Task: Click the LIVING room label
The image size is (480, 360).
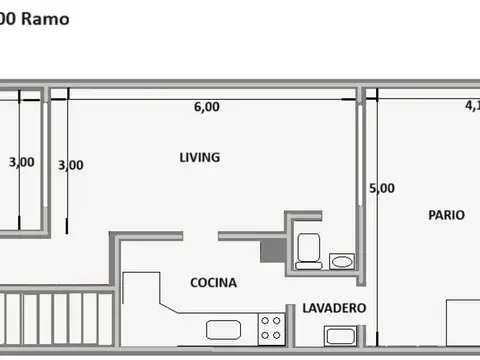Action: point(199,158)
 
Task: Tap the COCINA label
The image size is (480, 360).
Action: point(214,283)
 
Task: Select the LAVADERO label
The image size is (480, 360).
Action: point(334,308)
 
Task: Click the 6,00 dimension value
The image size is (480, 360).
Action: point(207,108)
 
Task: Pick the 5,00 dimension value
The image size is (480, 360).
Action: point(381,188)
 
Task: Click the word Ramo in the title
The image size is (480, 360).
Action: point(48,19)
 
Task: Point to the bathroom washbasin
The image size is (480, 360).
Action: point(341,262)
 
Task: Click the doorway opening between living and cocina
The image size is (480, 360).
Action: point(201,237)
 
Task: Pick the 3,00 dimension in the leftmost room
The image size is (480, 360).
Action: point(21,162)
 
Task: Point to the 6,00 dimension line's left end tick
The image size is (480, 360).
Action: point(66,96)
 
